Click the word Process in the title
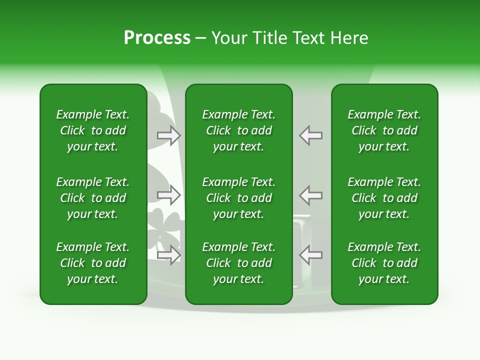click(x=157, y=38)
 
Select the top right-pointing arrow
click(x=169, y=135)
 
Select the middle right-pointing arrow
click(x=169, y=195)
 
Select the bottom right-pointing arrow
click(x=169, y=255)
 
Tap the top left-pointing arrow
click(x=310, y=135)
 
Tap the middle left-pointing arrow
click(x=310, y=195)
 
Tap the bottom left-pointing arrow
click(x=310, y=255)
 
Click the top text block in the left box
click(x=93, y=130)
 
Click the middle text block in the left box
click(x=93, y=198)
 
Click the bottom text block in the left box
click(x=93, y=263)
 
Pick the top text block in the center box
click(x=238, y=130)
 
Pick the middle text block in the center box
click(x=238, y=198)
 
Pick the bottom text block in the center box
click(x=238, y=263)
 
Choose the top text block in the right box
click(x=384, y=130)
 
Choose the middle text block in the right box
click(x=384, y=198)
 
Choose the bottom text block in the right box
click(x=384, y=263)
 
